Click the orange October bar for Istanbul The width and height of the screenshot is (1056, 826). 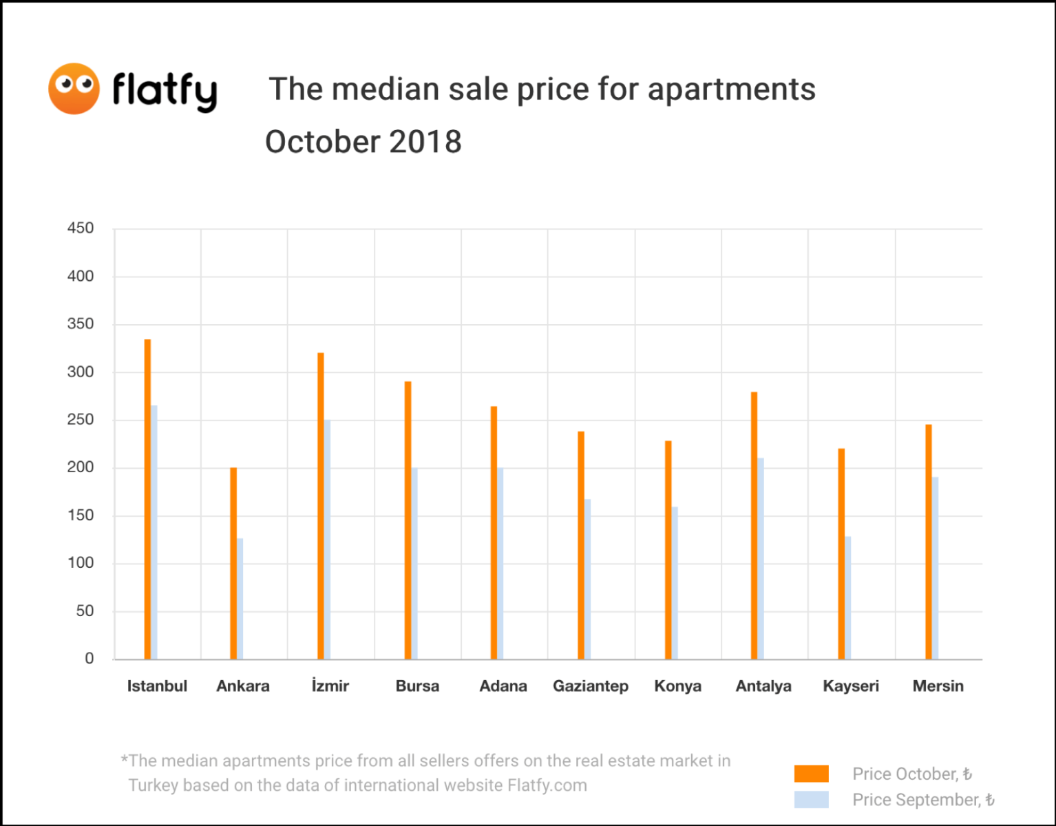[147, 499]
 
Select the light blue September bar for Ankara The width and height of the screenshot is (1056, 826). [240, 598]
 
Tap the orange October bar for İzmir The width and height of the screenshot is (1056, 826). [321, 506]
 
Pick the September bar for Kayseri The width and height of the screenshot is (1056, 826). [848, 597]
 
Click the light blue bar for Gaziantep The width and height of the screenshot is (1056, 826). [588, 579]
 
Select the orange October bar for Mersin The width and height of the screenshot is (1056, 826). [928, 542]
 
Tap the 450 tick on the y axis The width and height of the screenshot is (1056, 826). [81, 229]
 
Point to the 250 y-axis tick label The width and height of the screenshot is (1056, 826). [81, 420]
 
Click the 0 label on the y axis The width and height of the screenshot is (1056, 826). [89, 659]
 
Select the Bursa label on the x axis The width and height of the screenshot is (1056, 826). [417, 686]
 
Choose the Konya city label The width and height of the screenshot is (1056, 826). [677, 686]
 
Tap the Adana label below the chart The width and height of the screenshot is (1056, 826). [503, 686]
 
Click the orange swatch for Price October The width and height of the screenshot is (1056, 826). [811, 774]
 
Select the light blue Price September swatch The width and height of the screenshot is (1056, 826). [811, 799]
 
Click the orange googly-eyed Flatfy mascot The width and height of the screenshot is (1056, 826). [74, 89]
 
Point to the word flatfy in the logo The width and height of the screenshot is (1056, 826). [165, 90]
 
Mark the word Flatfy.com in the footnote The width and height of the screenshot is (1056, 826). [547, 785]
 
